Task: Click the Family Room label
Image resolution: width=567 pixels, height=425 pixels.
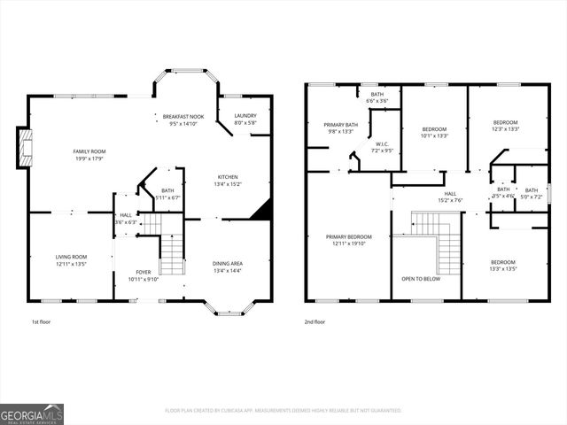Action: tap(89, 151)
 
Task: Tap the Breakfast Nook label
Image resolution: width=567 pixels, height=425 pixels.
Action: tap(183, 116)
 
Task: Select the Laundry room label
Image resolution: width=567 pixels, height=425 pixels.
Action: tap(245, 116)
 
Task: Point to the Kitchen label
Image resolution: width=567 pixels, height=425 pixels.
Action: tap(227, 177)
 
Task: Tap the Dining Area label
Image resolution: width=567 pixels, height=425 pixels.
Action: tap(228, 263)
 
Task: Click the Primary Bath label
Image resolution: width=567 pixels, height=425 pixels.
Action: tap(340, 125)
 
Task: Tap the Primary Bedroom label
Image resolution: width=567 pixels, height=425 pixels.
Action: tap(348, 236)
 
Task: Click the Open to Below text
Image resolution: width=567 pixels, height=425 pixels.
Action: tap(421, 278)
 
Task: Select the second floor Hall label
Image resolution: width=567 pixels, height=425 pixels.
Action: tap(450, 193)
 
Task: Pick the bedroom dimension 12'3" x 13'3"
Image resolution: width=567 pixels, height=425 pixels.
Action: tap(505, 129)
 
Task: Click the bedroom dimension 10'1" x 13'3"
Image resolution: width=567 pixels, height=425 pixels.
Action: tap(434, 135)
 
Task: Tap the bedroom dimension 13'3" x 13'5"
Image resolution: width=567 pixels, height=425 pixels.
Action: tap(503, 269)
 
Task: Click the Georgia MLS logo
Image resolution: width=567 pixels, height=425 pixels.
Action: tap(32, 413)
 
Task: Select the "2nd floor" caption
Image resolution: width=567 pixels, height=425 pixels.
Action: tap(315, 322)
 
